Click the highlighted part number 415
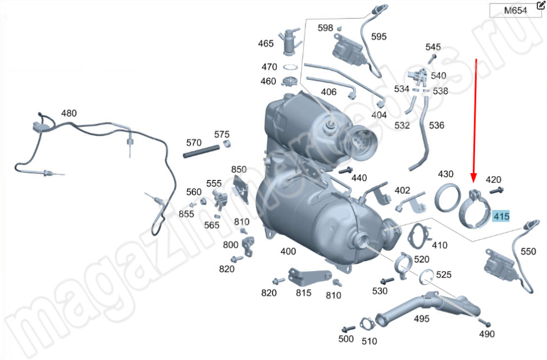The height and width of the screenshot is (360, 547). pyautogui.click(x=501, y=216)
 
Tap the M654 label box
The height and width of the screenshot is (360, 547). pyautogui.click(x=515, y=10)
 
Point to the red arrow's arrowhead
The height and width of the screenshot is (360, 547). pyautogui.click(x=473, y=177)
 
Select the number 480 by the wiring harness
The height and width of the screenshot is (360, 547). pyautogui.click(x=69, y=113)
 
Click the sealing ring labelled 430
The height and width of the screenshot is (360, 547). pyautogui.click(x=447, y=198)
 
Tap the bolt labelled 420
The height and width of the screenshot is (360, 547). pyautogui.click(x=496, y=191)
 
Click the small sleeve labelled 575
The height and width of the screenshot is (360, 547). pyautogui.click(x=227, y=144)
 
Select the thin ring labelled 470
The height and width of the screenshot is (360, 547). pyautogui.click(x=290, y=67)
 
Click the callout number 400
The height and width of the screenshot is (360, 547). pyautogui.click(x=288, y=251)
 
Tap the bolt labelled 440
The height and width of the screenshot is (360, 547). pyautogui.click(x=345, y=170)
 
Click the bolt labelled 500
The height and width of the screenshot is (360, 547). pyautogui.click(x=348, y=329)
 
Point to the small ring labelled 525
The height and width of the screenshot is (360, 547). pyautogui.click(x=426, y=277)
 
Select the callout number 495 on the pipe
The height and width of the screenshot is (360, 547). pyautogui.click(x=422, y=318)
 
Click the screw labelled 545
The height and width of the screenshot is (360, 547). pyautogui.click(x=432, y=59)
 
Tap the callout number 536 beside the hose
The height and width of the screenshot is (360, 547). pyautogui.click(x=436, y=125)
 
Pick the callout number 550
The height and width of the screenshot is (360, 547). pyautogui.click(x=528, y=252)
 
